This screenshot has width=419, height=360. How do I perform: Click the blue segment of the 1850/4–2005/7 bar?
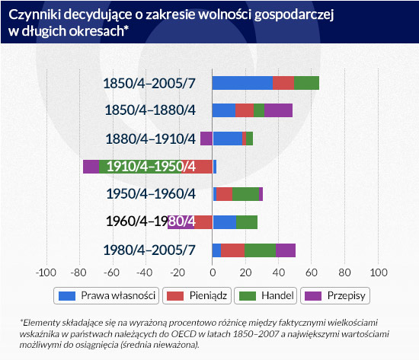[x=242, y=83]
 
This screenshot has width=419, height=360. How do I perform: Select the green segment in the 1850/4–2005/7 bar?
[x=306, y=83]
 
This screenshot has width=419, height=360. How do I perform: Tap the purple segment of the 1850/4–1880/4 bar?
[x=278, y=110]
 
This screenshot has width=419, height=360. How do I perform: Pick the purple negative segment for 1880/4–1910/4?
[x=206, y=139]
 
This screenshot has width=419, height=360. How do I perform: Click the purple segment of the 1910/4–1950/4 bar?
[x=91, y=167]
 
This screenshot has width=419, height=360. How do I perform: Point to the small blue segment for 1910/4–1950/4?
[x=215, y=167]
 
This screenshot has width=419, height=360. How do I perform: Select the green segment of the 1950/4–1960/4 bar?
[x=245, y=194]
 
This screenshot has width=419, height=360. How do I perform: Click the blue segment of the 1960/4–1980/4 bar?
[x=225, y=222]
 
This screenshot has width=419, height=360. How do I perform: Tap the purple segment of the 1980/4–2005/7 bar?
[x=286, y=250]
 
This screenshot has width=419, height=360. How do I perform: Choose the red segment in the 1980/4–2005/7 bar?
[x=233, y=250]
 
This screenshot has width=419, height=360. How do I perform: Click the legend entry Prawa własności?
[x=107, y=295]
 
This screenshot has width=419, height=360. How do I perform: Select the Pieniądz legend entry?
[x=197, y=295]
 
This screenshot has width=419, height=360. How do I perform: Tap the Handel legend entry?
[x=266, y=295]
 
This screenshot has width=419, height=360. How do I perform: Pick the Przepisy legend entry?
[x=335, y=295]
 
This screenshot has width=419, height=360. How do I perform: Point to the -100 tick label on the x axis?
[x=46, y=272]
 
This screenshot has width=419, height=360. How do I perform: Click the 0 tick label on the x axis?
[x=213, y=272]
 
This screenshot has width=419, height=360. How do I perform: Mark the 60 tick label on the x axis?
[x=312, y=272]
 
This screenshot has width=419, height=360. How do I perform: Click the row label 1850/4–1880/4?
[x=150, y=110]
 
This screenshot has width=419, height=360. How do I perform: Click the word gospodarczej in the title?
[x=294, y=15]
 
